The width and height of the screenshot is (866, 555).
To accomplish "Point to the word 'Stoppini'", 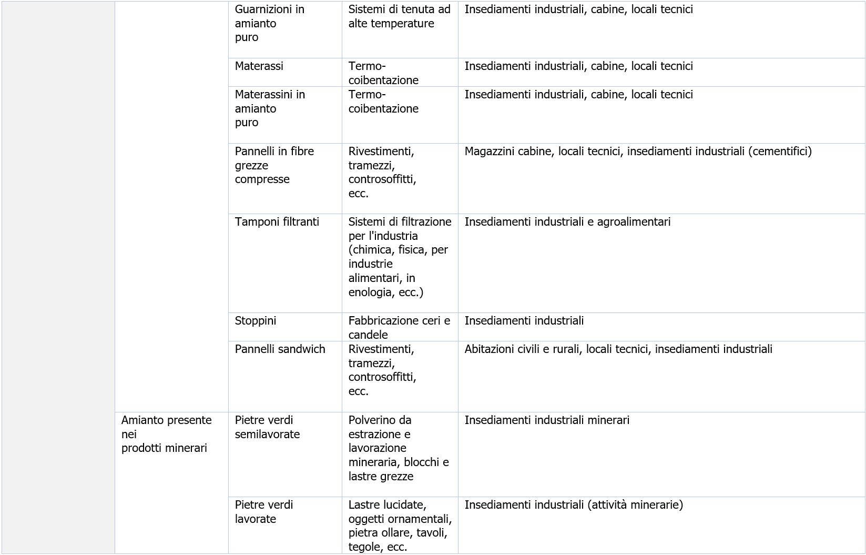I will tap(256, 321).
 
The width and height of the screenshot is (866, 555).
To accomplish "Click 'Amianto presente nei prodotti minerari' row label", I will tap(166, 434).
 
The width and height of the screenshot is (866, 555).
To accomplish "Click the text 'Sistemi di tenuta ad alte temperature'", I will tap(399, 16).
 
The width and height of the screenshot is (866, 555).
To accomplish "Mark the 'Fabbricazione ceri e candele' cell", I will tap(399, 328).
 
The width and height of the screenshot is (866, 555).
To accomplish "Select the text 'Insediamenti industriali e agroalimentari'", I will tap(567, 222).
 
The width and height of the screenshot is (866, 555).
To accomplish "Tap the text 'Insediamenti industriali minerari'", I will tap(547, 420).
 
